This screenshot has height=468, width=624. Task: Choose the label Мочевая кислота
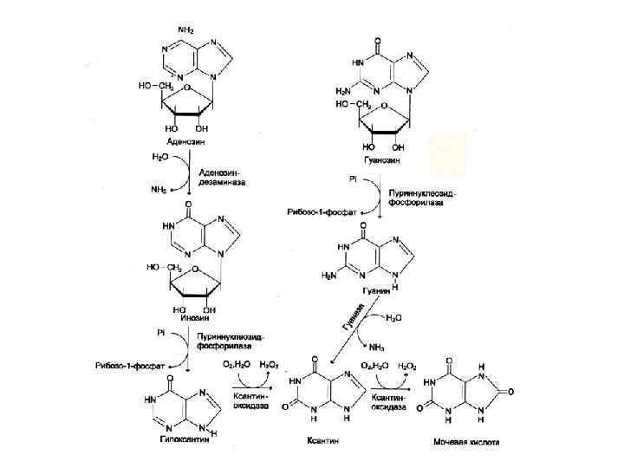[x=466, y=441]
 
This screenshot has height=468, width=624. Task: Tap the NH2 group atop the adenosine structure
[x=185, y=29]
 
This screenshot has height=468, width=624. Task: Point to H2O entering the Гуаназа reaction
[x=393, y=318]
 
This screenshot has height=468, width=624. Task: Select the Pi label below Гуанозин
[x=354, y=178]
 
